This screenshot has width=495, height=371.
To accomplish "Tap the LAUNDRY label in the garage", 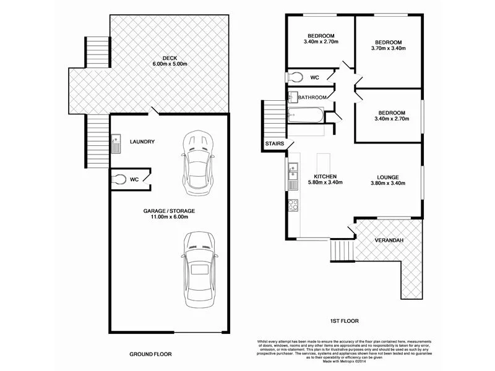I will point(142,142).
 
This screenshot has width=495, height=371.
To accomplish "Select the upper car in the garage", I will point(196,159).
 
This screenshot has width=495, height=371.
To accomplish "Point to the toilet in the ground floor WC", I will point(119,179).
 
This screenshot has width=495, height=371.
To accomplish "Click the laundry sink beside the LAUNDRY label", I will point(116,144).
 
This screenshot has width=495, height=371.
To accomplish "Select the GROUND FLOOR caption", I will point(150,354).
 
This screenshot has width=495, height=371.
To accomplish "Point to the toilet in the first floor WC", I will point(296,77).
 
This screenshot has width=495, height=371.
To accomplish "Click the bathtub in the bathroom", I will point(304,115).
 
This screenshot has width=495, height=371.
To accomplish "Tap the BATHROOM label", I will point(312,98).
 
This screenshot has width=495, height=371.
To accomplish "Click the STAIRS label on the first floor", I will point(274,144).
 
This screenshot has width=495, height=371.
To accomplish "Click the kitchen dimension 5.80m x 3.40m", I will point(325,182).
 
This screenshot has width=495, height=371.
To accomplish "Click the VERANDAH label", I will point(390,240).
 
